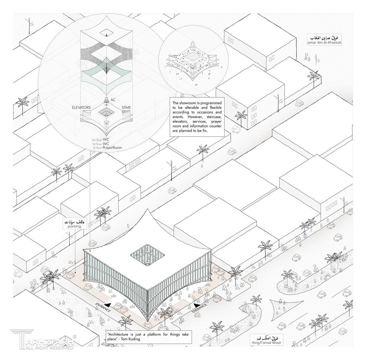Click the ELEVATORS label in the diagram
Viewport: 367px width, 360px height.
(x=81, y=108)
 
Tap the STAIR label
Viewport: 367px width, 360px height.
(x=126, y=108)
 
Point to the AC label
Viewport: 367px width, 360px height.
(x=113, y=100)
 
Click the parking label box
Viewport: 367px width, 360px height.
(x=75, y=224)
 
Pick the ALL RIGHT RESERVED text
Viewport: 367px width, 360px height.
(x=50, y=348)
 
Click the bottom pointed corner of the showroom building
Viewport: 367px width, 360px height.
(x=146, y=320)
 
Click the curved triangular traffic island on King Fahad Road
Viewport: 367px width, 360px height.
(x=284, y=308)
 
